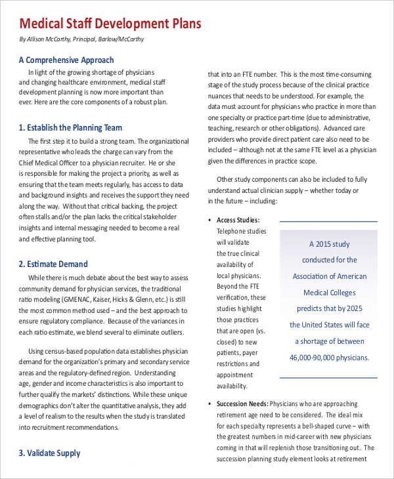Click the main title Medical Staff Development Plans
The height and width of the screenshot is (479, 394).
coord(110,24)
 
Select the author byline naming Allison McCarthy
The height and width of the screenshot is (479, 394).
coord(81,39)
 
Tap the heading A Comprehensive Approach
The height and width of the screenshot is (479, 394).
coord(66,60)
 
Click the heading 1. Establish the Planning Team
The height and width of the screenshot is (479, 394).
coord(70,127)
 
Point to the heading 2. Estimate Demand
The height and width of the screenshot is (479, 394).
coord(53,264)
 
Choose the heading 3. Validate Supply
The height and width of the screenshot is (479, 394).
coord(49,453)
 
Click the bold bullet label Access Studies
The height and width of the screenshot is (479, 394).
coord(238,220)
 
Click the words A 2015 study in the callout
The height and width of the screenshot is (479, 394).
coord(329,243)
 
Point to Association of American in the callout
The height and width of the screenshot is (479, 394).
coord(329,276)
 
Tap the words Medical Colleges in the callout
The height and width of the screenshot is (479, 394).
coord(329,293)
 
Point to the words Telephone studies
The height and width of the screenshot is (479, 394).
coord(242,231)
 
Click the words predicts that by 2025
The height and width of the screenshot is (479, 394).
coord(329,309)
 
